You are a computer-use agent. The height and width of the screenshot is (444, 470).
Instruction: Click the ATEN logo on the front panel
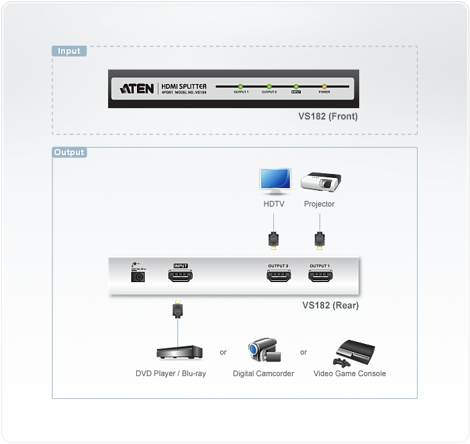click(x=138, y=88)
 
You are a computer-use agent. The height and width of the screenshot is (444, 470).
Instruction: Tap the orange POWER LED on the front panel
click(x=324, y=87)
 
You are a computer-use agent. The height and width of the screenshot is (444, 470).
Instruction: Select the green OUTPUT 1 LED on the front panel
click(x=240, y=87)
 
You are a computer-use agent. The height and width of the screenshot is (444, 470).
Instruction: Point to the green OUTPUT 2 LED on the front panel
click(x=269, y=87)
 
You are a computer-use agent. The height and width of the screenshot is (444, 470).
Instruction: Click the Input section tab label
click(x=68, y=51)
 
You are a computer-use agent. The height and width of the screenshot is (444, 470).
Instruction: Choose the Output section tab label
click(x=70, y=152)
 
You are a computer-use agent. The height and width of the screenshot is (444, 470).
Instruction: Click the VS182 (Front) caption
click(x=328, y=116)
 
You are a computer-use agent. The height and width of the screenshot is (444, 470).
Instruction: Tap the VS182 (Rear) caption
click(x=330, y=306)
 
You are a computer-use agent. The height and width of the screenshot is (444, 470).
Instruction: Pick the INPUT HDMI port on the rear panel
click(x=181, y=275)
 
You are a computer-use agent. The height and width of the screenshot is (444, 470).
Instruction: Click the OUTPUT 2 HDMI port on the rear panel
click(x=278, y=275)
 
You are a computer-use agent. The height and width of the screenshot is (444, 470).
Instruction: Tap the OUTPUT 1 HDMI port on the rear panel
click(x=319, y=275)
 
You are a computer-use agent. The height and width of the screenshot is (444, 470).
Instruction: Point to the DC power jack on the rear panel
click(x=139, y=276)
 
